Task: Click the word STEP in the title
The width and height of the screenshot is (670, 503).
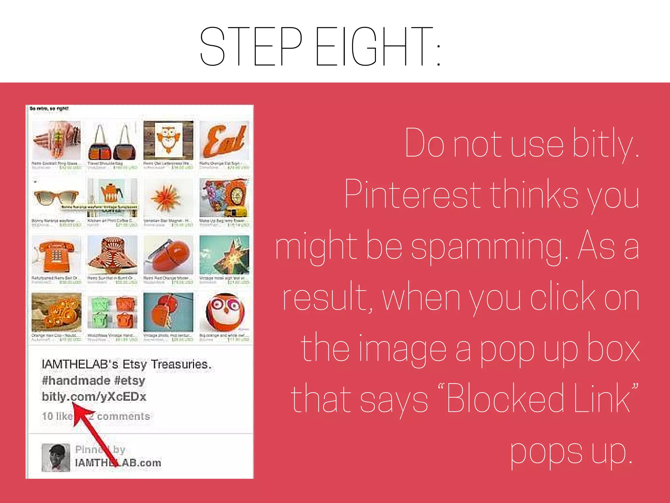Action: pos(251,47)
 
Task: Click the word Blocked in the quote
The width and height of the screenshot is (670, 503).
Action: pos(505,399)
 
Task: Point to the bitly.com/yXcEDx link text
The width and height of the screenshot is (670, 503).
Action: pos(94,397)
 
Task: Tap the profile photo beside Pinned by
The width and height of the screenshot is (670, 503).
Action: pos(56,457)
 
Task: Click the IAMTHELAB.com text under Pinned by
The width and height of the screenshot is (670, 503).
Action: pos(118,463)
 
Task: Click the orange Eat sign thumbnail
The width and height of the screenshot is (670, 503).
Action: pos(224,140)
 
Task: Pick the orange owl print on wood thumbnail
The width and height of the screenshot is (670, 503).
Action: pos(168,140)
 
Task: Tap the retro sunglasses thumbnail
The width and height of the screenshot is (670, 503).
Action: pos(56,197)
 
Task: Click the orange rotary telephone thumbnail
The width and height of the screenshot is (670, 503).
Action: pos(56,255)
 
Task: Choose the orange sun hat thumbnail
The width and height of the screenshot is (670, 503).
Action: pos(112,255)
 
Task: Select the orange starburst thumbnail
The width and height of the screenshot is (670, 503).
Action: pos(168,197)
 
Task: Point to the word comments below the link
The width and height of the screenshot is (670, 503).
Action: pos(123,416)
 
